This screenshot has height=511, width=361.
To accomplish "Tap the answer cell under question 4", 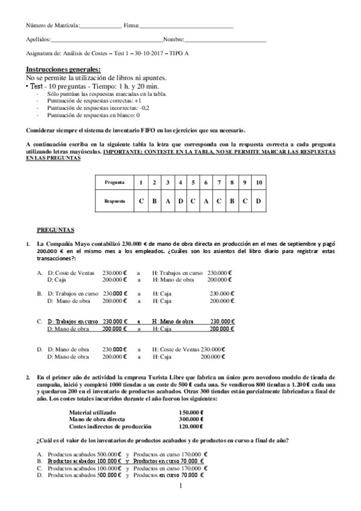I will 180,201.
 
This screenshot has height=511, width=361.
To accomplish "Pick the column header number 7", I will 219,182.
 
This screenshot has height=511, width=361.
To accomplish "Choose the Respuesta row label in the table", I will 115,201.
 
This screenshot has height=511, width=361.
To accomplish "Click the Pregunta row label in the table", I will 115,182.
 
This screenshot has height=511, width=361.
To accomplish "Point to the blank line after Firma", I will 186,27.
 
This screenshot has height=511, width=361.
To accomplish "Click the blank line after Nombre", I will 225,40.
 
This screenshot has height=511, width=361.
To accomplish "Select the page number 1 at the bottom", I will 180,484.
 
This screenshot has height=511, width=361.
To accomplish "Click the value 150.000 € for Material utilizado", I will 191,412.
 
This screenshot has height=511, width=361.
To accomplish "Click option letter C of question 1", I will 39,321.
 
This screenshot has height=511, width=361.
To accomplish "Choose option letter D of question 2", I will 39,474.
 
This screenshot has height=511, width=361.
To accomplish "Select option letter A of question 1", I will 39,272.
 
